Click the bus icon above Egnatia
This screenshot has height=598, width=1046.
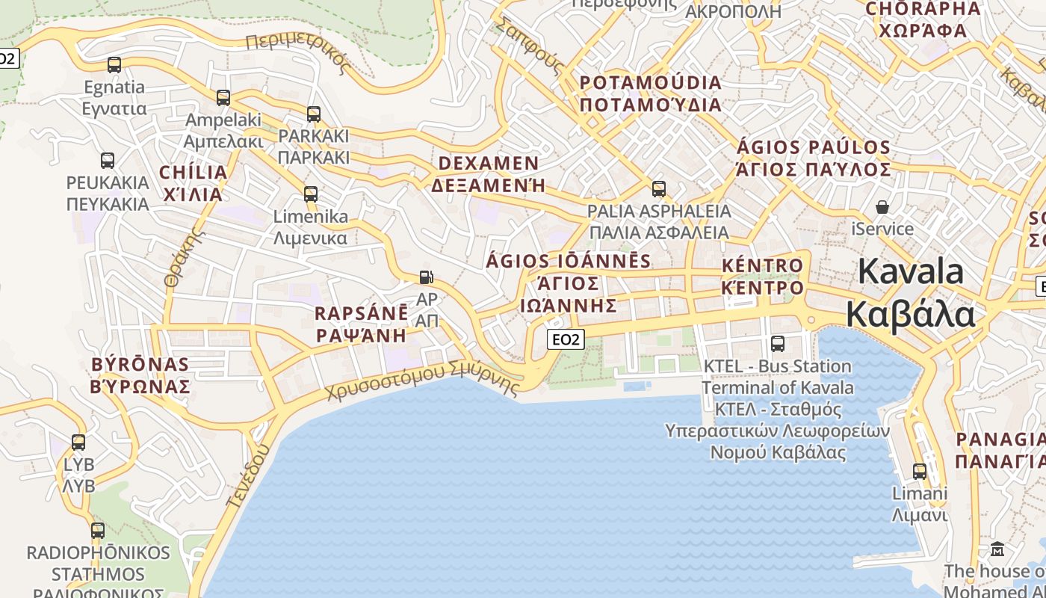pyautogui.click(x=114, y=65)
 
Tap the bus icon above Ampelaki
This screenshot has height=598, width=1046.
pyautogui.click(x=223, y=98)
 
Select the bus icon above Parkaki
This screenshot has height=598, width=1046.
pyautogui.click(x=314, y=114)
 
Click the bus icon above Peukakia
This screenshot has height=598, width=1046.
pyautogui.click(x=108, y=161)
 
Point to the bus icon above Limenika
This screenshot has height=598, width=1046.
pyautogui.click(x=311, y=194)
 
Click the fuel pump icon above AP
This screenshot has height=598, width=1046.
pyautogui.click(x=426, y=278)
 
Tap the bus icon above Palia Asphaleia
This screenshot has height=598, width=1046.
pyautogui.click(x=658, y=189)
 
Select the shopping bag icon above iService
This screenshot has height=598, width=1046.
pyautogui.click(x=882, y=207)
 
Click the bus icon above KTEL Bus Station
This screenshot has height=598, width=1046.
pyautogui.click(x=778, y=344)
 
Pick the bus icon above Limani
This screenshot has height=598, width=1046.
pyautogui.click(x=920, y=472)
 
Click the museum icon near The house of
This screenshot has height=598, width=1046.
pyautogui.click(x=997, y=549)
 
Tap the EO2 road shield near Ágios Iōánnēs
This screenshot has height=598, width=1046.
pyautogui.click(x=566, y=340)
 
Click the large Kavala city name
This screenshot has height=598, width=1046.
pyautogui.click(x=910, y=292)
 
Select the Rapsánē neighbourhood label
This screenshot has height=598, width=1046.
pyautogui.click(x=362, y=324)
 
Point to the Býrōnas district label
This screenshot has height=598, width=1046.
pyautogui.click(x=140, y=375)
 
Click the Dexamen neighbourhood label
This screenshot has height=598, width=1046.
pyautogui.click(x=489, y=174)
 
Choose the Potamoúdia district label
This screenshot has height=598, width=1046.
pyautogui.click(x=651, y=93)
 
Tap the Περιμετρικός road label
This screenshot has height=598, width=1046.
pyautogui.click(x=298, y=52)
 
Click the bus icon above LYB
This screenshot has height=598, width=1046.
pyautogui.click(x=78, y=443)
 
